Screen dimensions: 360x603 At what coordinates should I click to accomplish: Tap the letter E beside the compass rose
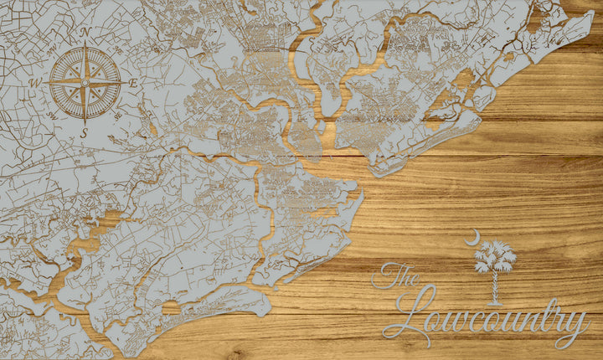pyautogui.click(x=133, y=83)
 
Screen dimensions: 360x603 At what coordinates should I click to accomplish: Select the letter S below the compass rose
pyautogui.click(x=84, y=132)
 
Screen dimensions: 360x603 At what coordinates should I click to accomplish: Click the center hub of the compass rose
pyautogui.click(x=85, y=82)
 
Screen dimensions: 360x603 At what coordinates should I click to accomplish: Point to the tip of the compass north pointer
pyautogui.click(x=85, y=44)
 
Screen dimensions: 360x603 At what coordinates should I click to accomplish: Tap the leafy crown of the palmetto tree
pyautogui.click(x=495, y=255)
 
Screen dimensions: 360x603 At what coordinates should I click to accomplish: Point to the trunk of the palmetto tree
pyautogui.click(x=495, y=285)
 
